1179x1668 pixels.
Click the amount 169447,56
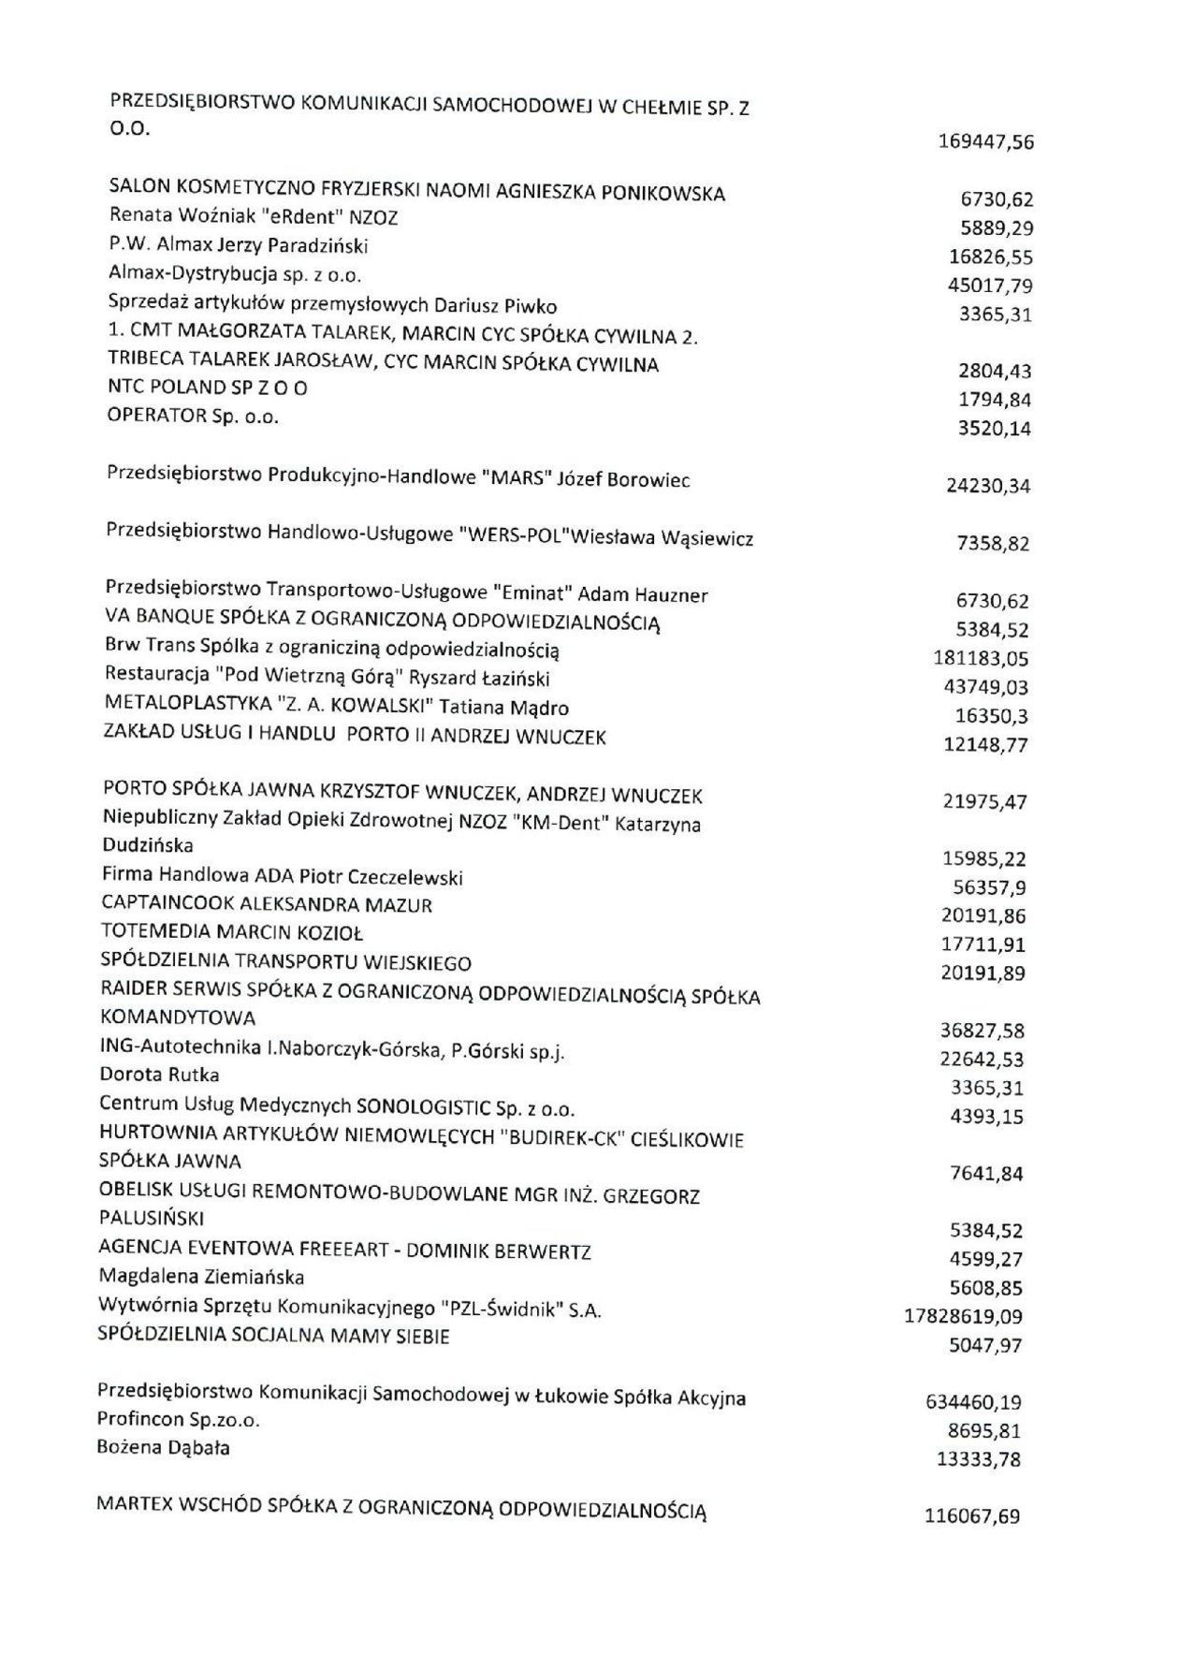tap(985, 142)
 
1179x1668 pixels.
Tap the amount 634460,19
tap(973, 1402)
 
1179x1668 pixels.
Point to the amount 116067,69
tap(972, 1514)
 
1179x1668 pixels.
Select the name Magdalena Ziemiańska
tap(201, 1277)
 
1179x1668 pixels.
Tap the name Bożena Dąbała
tap(164, 1448)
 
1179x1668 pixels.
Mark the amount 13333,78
tap(978, 1459)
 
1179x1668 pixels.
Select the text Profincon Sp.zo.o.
tap(178, 1420)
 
